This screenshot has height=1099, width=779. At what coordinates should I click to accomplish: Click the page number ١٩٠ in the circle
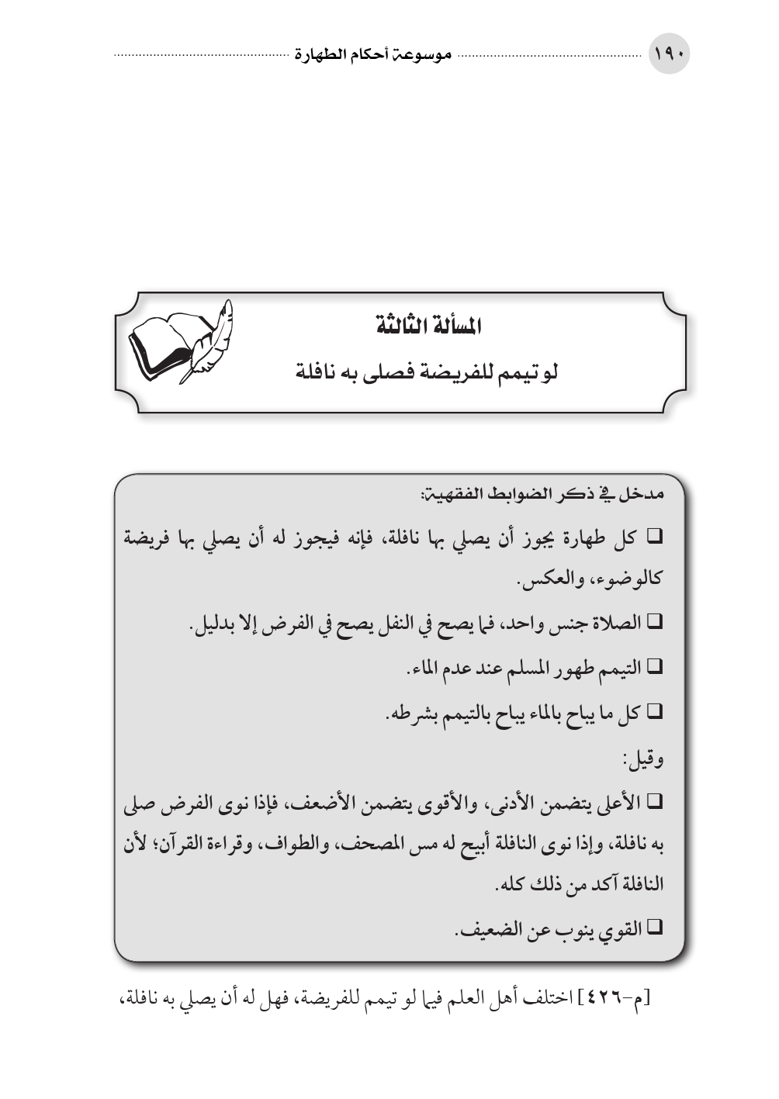[x=669, y=56]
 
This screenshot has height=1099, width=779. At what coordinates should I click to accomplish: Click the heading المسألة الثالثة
[x=425, y=327]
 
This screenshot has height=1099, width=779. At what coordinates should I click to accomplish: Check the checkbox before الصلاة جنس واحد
[x=652, y=622]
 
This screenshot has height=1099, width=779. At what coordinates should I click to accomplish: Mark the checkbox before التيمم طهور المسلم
[x=652, y=665]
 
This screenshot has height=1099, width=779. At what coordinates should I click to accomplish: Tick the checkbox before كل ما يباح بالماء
[x=652, y=710]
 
